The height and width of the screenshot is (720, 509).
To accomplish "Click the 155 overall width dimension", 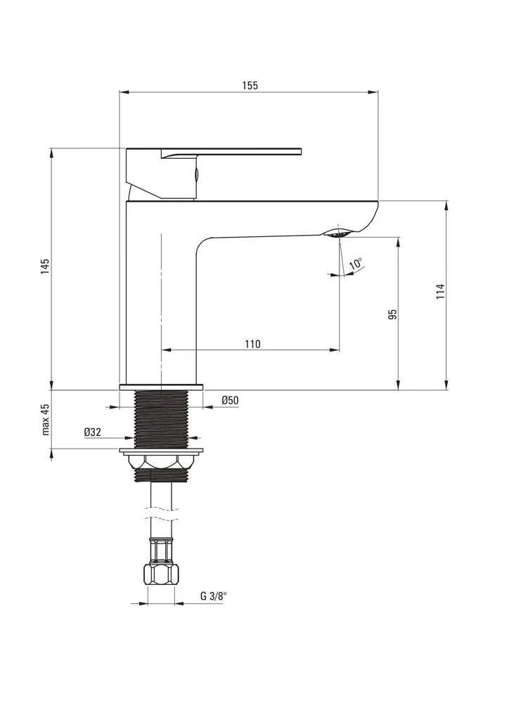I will point(250,86).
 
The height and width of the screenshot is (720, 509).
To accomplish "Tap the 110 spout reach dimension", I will point(252,344).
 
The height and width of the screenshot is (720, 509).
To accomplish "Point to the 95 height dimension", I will point(393,314).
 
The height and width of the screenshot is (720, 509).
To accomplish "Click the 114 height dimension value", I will point(440,292).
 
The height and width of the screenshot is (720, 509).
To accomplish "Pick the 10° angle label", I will point(356,265).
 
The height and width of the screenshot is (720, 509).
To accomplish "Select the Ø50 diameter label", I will point(230,401).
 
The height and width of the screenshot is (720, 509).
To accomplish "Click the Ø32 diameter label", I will point(93,432).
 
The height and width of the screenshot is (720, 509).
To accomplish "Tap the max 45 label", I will point(46,420).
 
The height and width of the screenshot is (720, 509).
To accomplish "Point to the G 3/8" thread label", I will point(213,596).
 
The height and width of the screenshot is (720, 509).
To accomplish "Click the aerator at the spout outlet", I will point(338,233).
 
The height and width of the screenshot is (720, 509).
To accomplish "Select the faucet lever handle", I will point(232,152).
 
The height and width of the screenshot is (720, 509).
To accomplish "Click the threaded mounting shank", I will point(161,418).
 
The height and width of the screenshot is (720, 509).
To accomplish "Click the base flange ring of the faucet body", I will point(161,386).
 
